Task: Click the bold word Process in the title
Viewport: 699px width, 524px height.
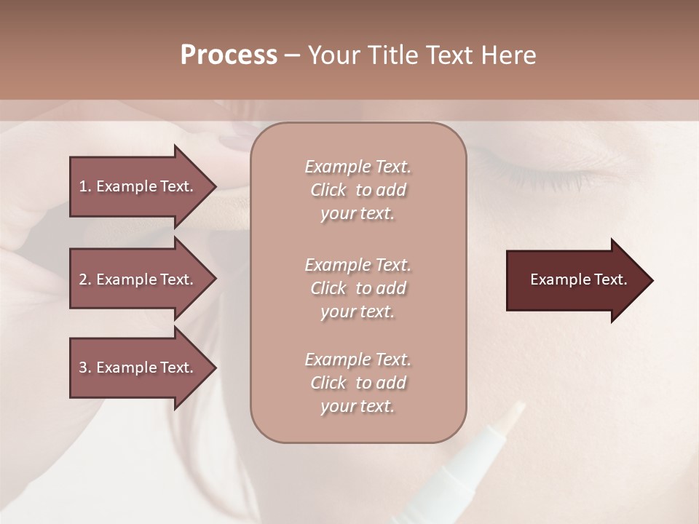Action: (x=229, y=55)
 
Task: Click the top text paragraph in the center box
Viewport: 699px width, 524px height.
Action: (x=358, y=190)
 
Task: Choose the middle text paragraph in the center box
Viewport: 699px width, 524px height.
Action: (x=358, y=288)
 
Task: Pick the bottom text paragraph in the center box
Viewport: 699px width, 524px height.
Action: (x=358, y=383)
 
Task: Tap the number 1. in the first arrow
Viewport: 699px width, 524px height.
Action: (x=85, y=186)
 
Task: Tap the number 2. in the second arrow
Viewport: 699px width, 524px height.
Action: (x=85, y=279)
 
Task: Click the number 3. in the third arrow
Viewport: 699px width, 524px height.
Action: (x=85, y=368)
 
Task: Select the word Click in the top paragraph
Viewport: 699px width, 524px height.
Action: (x=328, y=190)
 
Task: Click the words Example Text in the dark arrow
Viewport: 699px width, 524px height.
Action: (x=579, y=279)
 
